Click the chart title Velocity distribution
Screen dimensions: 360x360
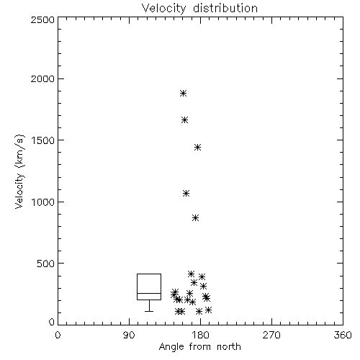(199, 8)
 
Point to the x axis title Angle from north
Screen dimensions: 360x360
(199, 347)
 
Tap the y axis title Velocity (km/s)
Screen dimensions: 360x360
(19, 171)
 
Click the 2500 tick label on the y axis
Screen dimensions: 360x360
(42, 19)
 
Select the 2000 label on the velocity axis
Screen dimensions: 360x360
(42, 79)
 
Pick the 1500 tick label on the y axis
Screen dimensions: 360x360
(43, 140)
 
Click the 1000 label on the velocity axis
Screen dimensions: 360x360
(43, 202)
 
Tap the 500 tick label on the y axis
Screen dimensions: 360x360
(46, 264)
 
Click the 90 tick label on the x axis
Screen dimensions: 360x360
(129, 335)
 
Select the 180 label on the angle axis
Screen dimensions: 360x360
(201, 335)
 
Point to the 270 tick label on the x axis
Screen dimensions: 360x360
(271, 335)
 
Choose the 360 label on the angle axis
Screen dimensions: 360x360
(343, 335)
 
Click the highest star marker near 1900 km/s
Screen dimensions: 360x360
(184, 93)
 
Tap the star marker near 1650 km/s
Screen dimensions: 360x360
(184, 120)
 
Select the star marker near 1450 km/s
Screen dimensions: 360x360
(197, 147)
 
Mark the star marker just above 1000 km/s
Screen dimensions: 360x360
(186, 193)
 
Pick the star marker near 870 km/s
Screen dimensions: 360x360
(196, 218)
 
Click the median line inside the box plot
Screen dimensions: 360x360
(149, 293)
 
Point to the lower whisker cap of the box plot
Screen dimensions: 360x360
(149, 311)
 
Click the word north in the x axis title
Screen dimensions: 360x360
(229, 347)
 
